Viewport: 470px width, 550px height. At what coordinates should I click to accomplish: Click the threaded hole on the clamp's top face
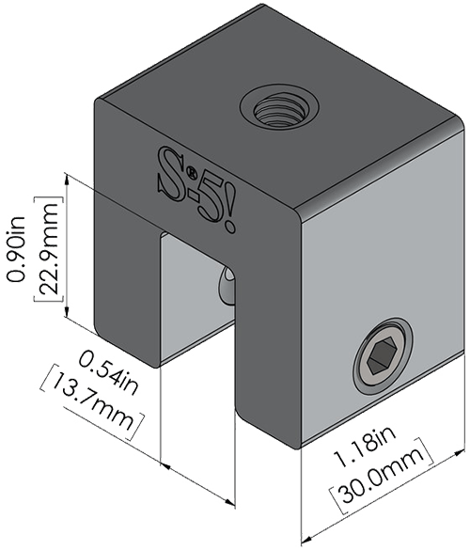coord(279,110)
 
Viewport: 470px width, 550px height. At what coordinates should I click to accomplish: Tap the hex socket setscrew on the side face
coord(384,356)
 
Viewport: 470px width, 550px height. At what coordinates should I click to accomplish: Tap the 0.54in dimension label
coord(108,373)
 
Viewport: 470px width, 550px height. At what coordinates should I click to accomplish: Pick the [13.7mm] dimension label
coord(93,402)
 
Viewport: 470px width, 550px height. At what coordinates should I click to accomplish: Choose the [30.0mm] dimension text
coord(382,476)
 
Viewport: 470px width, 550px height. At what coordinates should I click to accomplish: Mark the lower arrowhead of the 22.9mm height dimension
coord(67,310)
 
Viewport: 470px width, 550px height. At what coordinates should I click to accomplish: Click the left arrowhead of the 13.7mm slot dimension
coord(165,467)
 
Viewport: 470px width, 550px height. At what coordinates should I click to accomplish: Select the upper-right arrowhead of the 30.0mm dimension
coord(459,453)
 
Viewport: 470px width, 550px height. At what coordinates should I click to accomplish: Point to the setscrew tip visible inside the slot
coord(227,287)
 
